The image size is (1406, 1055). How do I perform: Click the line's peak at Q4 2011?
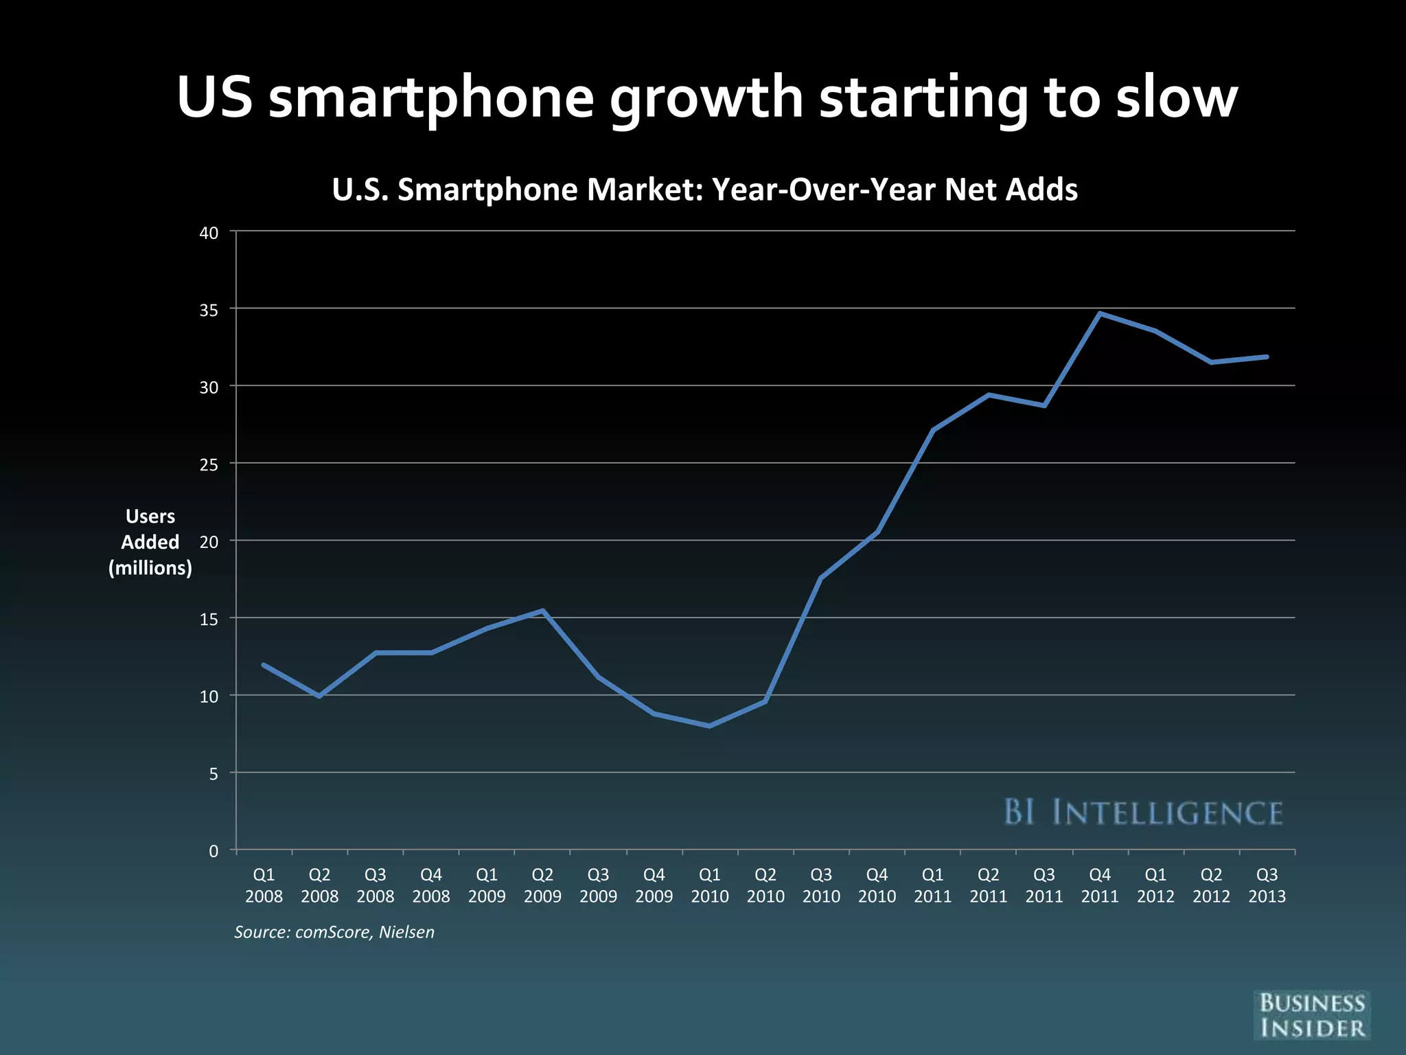(1100, 314)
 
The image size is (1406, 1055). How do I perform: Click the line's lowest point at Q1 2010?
(709, 726)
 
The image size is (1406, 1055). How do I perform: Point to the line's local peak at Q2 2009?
(542, 611)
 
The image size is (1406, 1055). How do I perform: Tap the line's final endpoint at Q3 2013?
(1267, 357)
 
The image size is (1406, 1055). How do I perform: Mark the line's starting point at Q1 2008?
(264, 665)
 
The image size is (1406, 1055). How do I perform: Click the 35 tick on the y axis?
(209, 310)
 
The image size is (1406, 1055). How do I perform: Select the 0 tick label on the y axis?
(214, 852)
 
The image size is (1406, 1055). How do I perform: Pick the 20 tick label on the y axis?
(209, 542)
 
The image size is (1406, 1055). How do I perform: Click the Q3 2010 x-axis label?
(821, 885)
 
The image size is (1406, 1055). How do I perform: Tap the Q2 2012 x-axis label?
(1211, 885)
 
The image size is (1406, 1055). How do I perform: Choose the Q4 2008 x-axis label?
(431, 885)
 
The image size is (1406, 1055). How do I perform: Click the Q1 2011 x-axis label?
(932, 885)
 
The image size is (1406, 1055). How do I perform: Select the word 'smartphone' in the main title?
(430, 98)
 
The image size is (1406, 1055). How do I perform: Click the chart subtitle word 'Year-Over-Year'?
(823, 190)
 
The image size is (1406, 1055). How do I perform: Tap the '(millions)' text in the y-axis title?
(150, 568)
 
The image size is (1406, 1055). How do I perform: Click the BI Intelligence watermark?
(1143, 813)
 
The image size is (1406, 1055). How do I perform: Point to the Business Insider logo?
(1311, 1015)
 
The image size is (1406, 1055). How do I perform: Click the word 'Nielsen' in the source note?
(406, 932)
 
